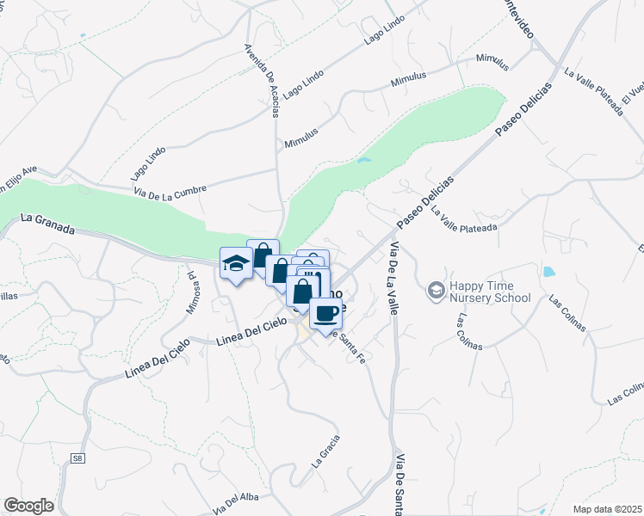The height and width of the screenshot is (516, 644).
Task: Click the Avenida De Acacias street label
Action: pyautogui.click(x=263, y=83)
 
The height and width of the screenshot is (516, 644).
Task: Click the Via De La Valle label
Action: pyautogui.click(x=394, y=279)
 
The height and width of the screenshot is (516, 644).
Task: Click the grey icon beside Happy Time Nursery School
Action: pyautogui.click(x=437, y=292)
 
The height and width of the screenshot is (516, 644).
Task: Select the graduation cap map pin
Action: pyautogui.click(x=235, y=264)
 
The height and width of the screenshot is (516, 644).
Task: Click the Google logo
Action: pyautogui.click(x=28, y=506)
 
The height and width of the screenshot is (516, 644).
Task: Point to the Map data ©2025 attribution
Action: pyautogui.click(x=607, y=509)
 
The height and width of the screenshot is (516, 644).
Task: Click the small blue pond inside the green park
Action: pyautogui.click(x=364, y=160)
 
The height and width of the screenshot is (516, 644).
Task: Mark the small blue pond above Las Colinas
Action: pyautogui.click(x=548, y=273)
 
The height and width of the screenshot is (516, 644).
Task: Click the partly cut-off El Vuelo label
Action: pyautogui.click(x=633, y=99)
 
